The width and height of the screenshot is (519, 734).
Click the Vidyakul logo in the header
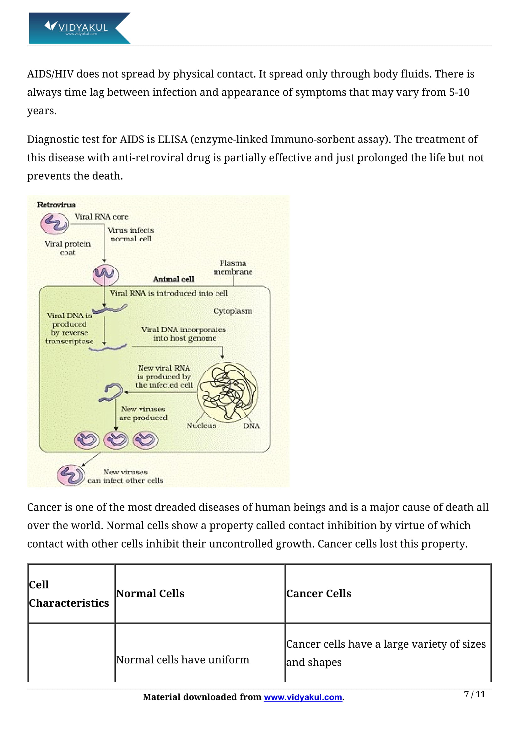pos(79,28)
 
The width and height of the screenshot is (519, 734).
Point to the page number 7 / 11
pos(474,694)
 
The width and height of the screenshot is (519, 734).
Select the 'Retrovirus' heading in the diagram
pos(56,205)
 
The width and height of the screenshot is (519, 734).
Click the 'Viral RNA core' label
pos(101,217)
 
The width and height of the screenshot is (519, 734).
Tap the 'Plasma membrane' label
pos(233,267)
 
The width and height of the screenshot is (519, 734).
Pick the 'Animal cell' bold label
pos(173,279)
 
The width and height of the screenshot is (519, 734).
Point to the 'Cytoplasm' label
pos(232,311)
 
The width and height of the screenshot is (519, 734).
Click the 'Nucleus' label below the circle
pos(201,425)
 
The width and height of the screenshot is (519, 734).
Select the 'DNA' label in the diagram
pos(251,426)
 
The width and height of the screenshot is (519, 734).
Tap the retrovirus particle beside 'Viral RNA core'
pos(54,223)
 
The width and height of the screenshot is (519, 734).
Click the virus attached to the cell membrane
pos(105,275)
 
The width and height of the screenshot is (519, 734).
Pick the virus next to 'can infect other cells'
pos(71,475)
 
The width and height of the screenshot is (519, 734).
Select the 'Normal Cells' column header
pos(150,593)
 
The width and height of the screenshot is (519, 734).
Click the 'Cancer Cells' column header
pos(318,593)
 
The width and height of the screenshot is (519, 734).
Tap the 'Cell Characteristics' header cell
pos(69,594)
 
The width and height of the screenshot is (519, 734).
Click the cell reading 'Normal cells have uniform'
pos(183,660)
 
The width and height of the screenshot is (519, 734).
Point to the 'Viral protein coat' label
pos(68,248)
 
